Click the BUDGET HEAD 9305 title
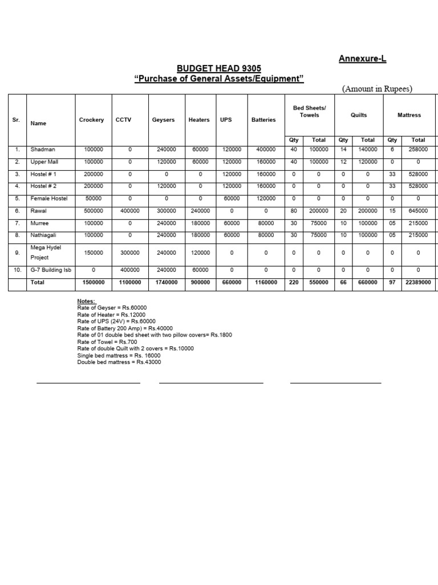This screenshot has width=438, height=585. (x=219, y=69)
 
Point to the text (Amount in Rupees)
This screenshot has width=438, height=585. (x=377, y=89)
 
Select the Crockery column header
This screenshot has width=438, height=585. (x=91, y=120)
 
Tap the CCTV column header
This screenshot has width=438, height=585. (x=123, y=120)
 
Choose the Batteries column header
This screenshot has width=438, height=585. (x=263, y=120)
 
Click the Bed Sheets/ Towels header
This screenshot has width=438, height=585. (x=309, y=111)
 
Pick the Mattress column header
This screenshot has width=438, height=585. (x=409, y=115)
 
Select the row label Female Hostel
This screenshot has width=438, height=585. (x=49, y=198)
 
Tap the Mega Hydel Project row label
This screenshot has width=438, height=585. (x=46, y=253)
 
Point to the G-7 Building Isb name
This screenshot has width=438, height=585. (x=51, y=270)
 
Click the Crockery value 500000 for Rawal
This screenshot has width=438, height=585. (x=94, y=211)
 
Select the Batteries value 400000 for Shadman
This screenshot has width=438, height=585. (x=266, y=149)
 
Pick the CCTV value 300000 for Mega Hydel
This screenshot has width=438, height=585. (x=130, y=253)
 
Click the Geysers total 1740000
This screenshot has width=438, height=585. (x=167, y=282)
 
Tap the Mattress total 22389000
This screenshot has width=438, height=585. (x=418, y=282)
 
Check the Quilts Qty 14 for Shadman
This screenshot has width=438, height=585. (x=343, y=149)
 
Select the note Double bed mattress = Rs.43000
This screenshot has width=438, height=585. (x=119, y=362)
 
